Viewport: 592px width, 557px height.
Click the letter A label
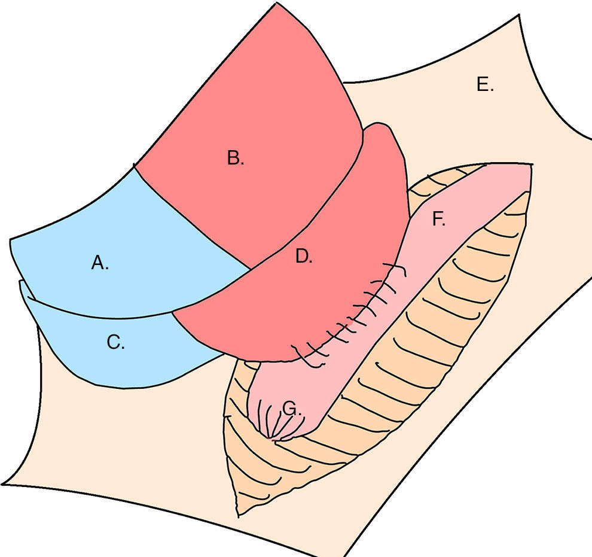pos(100,263)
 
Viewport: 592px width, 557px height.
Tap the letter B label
pos(236,159)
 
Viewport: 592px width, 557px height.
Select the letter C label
pos(115,343)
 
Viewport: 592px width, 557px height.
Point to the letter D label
pos(304,257)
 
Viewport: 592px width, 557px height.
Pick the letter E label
pos(485,85)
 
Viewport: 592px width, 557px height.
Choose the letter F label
pos(438,220)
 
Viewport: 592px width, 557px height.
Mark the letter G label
pos(291,409)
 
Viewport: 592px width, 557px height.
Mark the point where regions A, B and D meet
pos(249,269)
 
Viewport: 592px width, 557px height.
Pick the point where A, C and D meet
pos(173,312)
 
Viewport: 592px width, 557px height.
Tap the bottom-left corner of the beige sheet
pos(3,483)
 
